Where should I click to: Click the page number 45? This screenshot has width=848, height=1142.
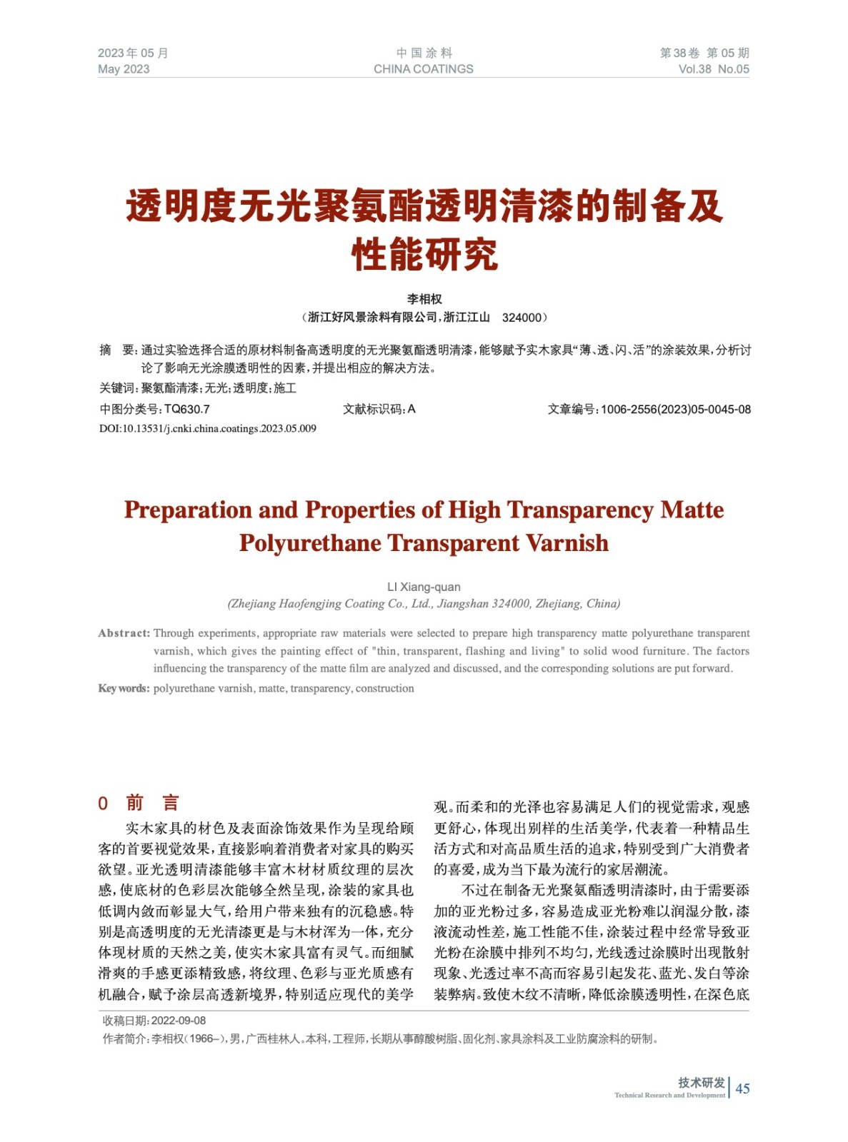(742, 1088)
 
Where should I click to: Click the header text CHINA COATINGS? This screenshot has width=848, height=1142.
(423, 69)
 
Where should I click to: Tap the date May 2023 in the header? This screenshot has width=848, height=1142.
(124, 69)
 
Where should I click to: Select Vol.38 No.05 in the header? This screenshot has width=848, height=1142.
(713, 69)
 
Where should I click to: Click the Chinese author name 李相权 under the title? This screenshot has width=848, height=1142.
(424, 299)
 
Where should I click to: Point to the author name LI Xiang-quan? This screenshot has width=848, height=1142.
(424, 587)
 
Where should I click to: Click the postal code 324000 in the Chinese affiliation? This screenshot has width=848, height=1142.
(522, 318)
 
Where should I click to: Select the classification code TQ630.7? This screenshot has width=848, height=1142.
(187, 410)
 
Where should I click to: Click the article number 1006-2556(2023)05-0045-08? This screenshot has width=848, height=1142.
(675, 410)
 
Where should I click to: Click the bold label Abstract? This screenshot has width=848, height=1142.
(124, 633)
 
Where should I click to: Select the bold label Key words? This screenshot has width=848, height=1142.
(124, 688)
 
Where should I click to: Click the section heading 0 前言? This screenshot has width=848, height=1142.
(139, 803)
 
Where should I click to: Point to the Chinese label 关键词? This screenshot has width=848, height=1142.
(117, 388)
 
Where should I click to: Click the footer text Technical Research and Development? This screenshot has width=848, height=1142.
(669, 1095)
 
